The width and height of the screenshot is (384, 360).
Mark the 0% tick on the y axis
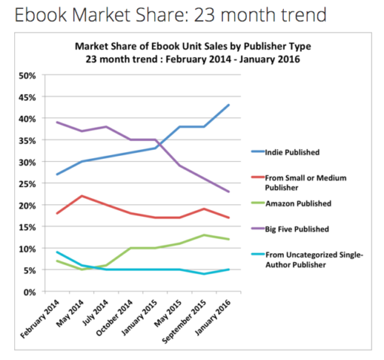point(28,291)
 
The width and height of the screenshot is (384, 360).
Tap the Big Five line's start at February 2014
point(57,122)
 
